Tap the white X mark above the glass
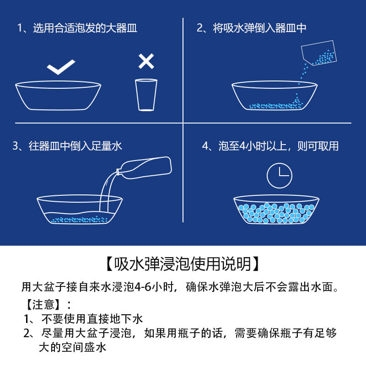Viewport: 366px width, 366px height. [x=146, y=61]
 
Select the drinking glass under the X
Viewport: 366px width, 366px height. [x=146, y=94]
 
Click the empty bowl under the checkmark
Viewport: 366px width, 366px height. [x=58, y=96]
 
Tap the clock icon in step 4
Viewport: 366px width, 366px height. [x=279, y=176]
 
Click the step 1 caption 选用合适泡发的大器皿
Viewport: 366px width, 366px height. [x=77, y=28]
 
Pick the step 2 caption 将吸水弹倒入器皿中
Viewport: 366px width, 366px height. [x=252, y=28]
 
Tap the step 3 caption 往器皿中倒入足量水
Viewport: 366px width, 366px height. [x=68, y=146]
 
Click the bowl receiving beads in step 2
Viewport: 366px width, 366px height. [x=274, y=97]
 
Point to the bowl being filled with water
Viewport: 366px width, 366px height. [x=80, y=210]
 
